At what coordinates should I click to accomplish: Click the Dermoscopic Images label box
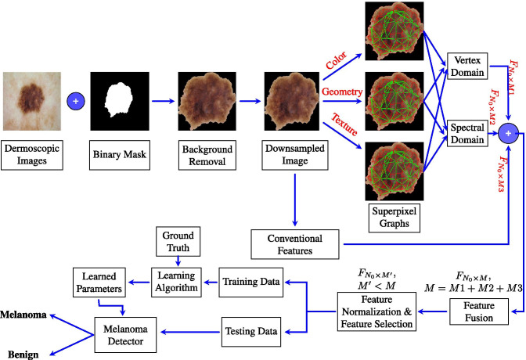31,154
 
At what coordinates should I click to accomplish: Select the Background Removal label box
207,154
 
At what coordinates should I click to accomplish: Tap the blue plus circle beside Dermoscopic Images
76,101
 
